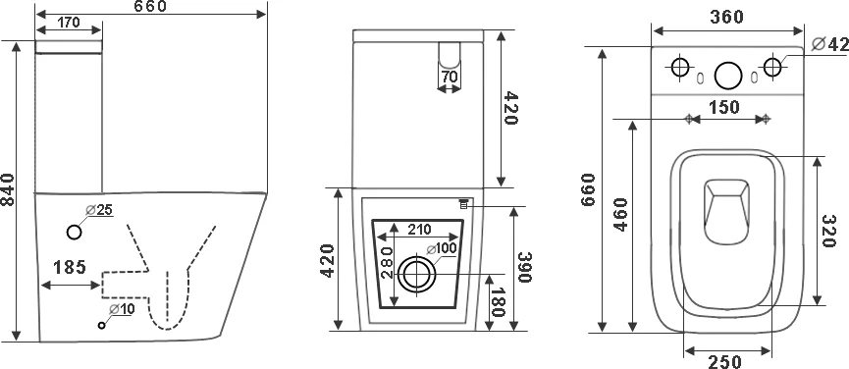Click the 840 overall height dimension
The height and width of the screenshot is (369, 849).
click(8, 189)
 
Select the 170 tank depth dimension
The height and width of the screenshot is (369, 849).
click(69, 23)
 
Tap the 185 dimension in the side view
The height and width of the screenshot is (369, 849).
click(70, 267)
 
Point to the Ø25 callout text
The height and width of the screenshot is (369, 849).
click(99, 210)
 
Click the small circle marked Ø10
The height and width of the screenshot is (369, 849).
click(101, 325)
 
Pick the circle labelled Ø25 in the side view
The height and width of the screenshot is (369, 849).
click(75, 233)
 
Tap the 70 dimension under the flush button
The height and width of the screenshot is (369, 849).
click(450, 77)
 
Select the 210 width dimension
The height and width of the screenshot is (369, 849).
click(419, 230)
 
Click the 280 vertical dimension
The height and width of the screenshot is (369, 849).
click(387, 262)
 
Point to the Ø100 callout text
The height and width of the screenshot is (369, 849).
click(442, 248)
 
